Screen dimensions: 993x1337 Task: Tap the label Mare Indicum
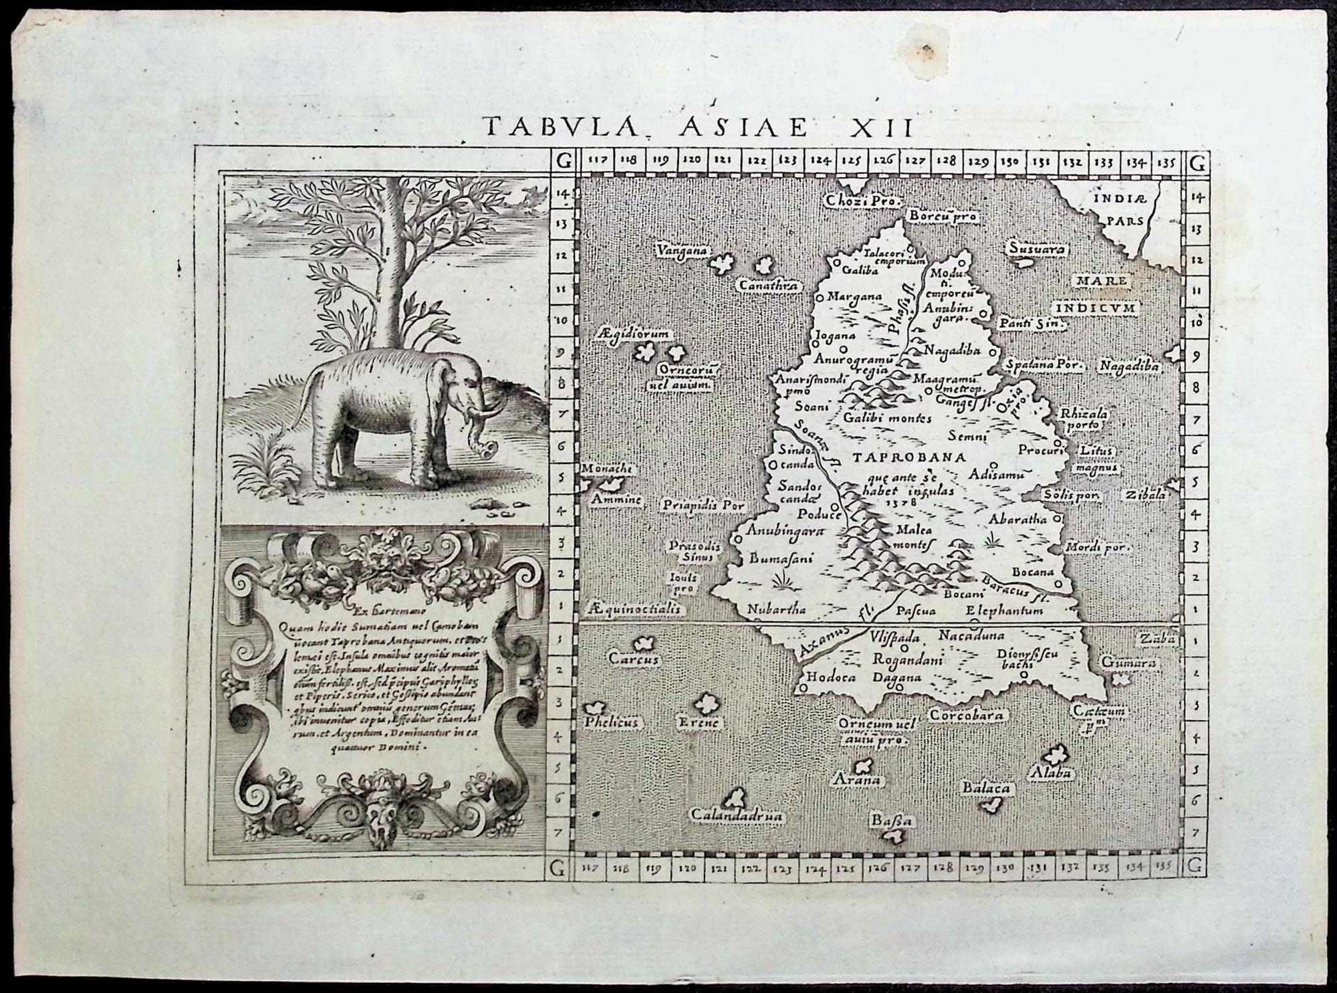(1097, 295)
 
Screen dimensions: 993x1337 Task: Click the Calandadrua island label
(736, 816)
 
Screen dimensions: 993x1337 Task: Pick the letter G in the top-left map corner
(564, 161)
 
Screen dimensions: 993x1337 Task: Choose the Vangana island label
(681, 251)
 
